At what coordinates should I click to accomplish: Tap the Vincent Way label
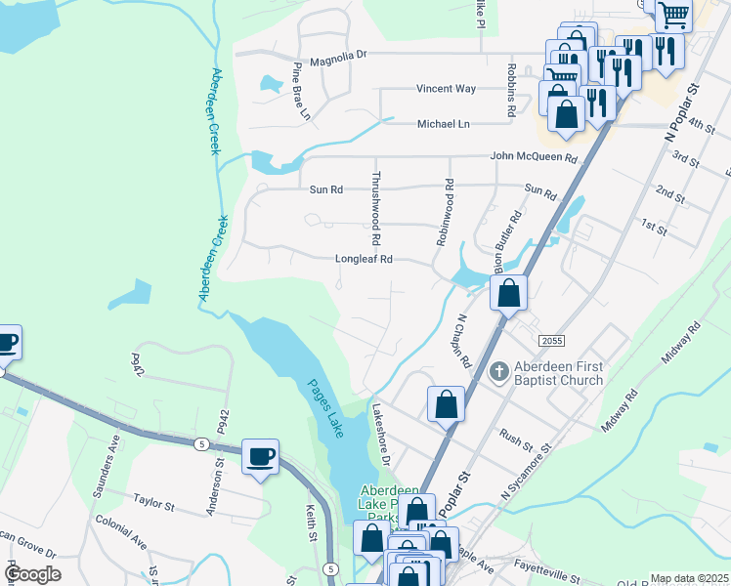pyautogui.click(x=446, y=89)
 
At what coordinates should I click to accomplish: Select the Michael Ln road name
pyautogui.click(x=443, y=124)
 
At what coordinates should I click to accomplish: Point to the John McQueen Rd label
pyautogui.click(x=534, y=157)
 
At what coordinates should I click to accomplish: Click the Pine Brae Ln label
pyautogui.click(x=300, y=93)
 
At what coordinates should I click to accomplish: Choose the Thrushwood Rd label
pyautogui.click(x=375, y=208)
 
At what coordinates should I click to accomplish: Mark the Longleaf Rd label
pyautogui.click(x=364, y=260)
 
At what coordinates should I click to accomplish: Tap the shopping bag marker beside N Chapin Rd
pyautogui.click(x=508, y=292)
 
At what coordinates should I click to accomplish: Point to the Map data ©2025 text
pyautogui.click(x=689, y=578)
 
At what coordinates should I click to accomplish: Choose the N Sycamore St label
pyautogui.click(x=527, y=476)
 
